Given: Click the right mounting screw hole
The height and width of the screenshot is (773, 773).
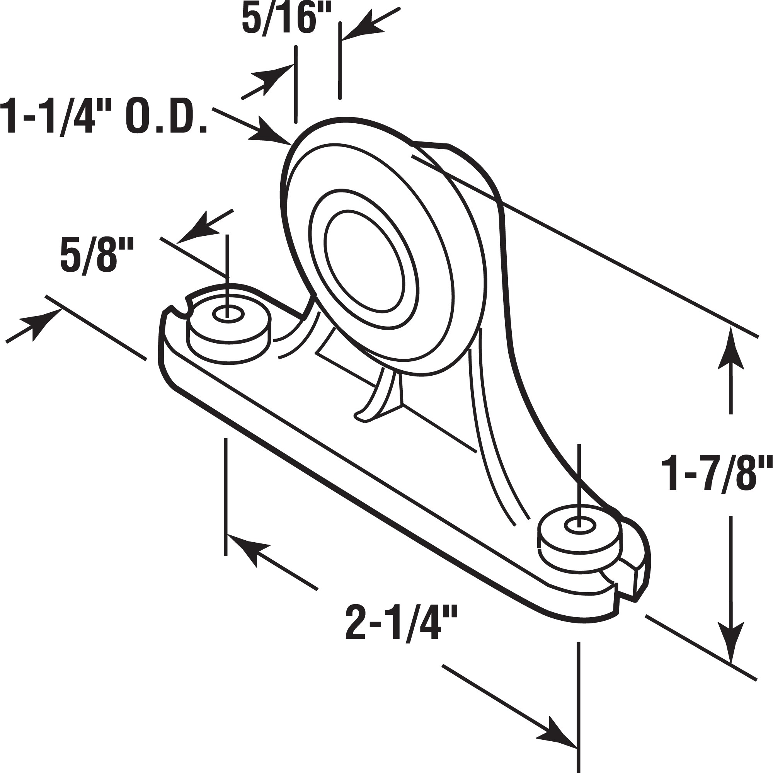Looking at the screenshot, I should point(579,527).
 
